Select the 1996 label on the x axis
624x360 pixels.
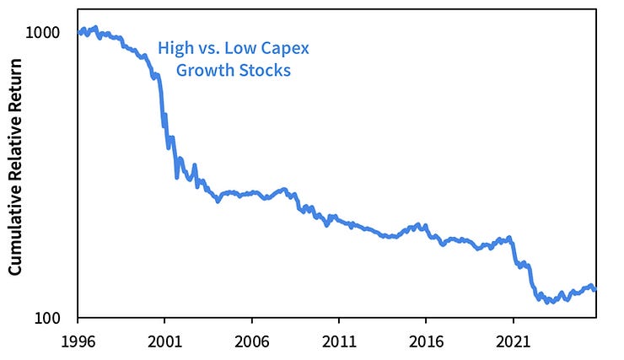click(78, 344)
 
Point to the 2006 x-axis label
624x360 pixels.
click(251, 344)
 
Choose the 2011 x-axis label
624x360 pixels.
click(338, 344)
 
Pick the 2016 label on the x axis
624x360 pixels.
click(425, 344)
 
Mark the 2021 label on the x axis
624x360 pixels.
click(512, 344)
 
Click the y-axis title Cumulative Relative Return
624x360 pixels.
click(14, 177)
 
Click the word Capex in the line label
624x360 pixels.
click(285, 49)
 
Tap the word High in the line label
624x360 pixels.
click(175, 49)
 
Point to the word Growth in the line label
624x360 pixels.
click(202, 71)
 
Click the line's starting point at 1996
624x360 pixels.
click(78, 34)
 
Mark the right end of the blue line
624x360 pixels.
click(596, 290)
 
